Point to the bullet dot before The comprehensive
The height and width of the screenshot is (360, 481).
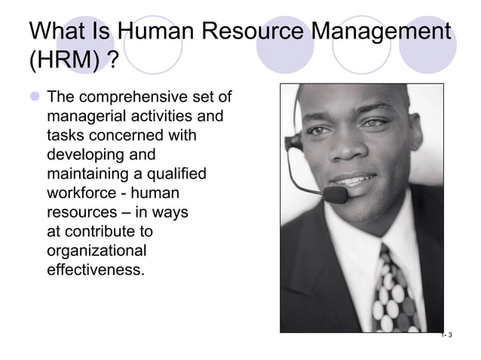tap(35, 99)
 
